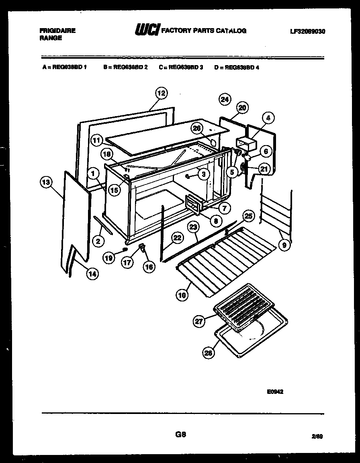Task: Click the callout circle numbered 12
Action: (161, 93)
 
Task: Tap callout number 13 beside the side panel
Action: (46, 182)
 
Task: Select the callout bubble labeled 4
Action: (268, 118)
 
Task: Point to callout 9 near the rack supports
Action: (284, 245)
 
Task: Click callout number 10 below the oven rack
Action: (182, 295)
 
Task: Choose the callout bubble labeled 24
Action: (225, 99)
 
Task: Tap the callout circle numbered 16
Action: (149, 267)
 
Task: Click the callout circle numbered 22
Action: (177, 238)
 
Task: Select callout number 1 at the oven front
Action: (93, 174)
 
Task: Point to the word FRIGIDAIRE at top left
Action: (58, 31)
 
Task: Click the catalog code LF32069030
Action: (307, 31)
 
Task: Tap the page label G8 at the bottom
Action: (180, 434)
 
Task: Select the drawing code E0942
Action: (275, 392)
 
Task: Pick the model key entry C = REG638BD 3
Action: (181, 68)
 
